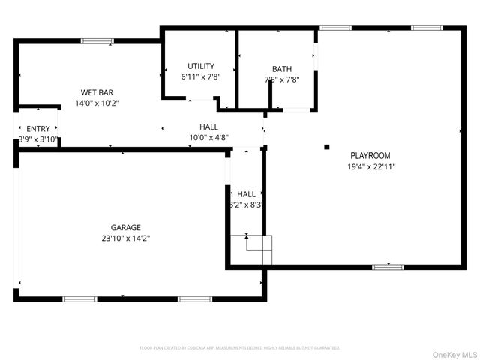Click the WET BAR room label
coord(96,92)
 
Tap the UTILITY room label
coord(201,66)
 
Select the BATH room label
coord(282,69)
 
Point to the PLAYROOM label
coord(370,156)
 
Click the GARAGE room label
coord(126,227)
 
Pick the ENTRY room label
coord(37,129)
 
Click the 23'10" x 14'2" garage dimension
coord(126,238)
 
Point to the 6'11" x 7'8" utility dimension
coord(201,76)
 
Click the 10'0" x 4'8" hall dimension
coord(209,137)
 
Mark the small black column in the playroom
coord(326,147)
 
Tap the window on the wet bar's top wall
coord(97,41)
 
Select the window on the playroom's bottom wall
coord(388,266)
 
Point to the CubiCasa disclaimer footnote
coord(240,348)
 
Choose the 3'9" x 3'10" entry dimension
coord(37,139)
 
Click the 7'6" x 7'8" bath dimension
coord(282,79)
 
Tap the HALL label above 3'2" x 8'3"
coord(247,193)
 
